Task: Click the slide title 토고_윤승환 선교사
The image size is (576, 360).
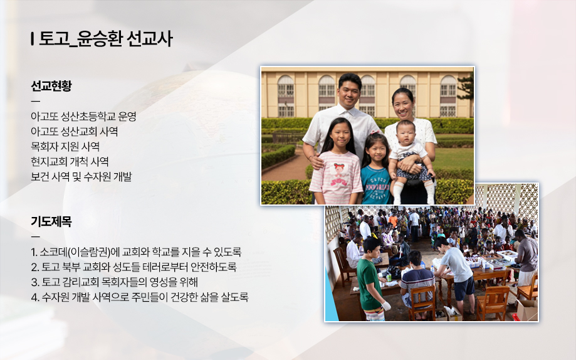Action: point(105,39)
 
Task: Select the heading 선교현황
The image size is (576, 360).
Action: point(51,86)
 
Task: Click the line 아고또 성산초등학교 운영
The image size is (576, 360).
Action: point(83,117)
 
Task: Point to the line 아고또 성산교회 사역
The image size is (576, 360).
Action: point(74,132)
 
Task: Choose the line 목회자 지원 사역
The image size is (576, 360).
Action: point(65,147)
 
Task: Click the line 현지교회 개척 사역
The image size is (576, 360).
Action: point(70,162)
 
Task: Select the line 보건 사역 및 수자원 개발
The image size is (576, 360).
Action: point(81,177)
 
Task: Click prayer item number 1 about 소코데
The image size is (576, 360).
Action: point(136,252)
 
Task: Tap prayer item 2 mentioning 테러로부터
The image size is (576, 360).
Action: point(134,267)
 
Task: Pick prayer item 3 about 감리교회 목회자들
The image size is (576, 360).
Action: point(114,282)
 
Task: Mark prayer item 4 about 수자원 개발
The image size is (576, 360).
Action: point(140,297)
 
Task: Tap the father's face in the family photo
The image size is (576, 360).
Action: point(349,90)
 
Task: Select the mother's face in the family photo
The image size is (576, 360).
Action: point(403,105)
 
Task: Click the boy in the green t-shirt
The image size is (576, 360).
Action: point(370,280)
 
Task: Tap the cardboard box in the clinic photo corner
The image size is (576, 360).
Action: point(526,310)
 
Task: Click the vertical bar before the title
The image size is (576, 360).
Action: point(33,39)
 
